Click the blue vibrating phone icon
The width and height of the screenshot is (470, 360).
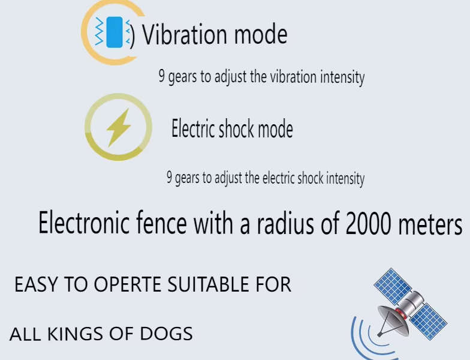pyautogui.click(x=114, y=32)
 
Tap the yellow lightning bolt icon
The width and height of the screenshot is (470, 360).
pyautogui.click(x=119, y=128)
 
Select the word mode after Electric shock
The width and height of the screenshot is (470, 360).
pyautogui.click(x=275, y=129)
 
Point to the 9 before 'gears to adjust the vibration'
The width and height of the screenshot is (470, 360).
pyautogui.click(x=161, y=77)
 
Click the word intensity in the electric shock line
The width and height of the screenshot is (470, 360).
pyautogui.click(x=343, y=178)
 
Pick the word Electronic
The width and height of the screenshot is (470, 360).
pyautogui.click(x=85, y=224)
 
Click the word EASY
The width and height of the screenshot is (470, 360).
pyautogui.click(x=35, y=285)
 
